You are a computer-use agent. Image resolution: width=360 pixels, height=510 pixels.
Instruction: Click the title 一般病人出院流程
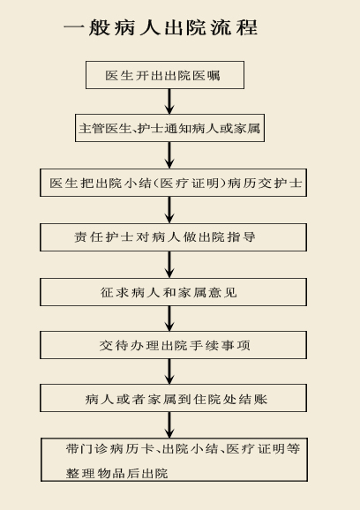[x=161, y=27]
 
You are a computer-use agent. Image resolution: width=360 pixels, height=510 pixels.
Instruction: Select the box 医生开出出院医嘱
[x=165, y=75]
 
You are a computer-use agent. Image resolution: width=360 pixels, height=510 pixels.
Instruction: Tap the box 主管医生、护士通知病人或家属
[x=169, y=128]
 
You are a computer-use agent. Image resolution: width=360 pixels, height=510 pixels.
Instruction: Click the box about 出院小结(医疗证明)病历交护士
[x=173, y=183]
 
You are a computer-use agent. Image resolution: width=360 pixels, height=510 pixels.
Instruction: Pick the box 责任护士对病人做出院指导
[x=173, y=237]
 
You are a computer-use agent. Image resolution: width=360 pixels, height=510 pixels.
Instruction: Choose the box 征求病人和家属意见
[x=173, y=292]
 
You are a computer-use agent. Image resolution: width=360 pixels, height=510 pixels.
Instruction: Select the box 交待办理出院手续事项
[x=173, y=345]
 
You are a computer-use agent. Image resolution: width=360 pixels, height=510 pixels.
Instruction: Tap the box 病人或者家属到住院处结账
[x=173, y=398]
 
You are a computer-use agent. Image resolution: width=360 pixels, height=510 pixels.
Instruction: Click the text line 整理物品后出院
[x=116, y=473]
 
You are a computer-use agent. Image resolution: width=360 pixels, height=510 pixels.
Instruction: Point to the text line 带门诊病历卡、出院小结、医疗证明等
[x=183, y=448]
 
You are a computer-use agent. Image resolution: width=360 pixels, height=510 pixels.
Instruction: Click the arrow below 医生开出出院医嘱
[x=169, y=101]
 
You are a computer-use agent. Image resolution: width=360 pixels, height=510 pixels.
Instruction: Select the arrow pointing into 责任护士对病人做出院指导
[x=169, y=210]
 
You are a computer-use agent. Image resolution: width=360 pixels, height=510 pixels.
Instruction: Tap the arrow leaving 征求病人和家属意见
[x=169, y=319]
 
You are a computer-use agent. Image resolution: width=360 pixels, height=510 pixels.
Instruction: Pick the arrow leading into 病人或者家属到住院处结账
[x=169, y=371]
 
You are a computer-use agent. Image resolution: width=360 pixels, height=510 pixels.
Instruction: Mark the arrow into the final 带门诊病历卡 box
[x=169, y=424]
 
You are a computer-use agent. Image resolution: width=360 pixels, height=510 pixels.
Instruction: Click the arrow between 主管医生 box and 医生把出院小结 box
[x=169, y=155]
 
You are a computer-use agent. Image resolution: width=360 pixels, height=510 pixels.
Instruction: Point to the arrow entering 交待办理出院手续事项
[x=169, y=319]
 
